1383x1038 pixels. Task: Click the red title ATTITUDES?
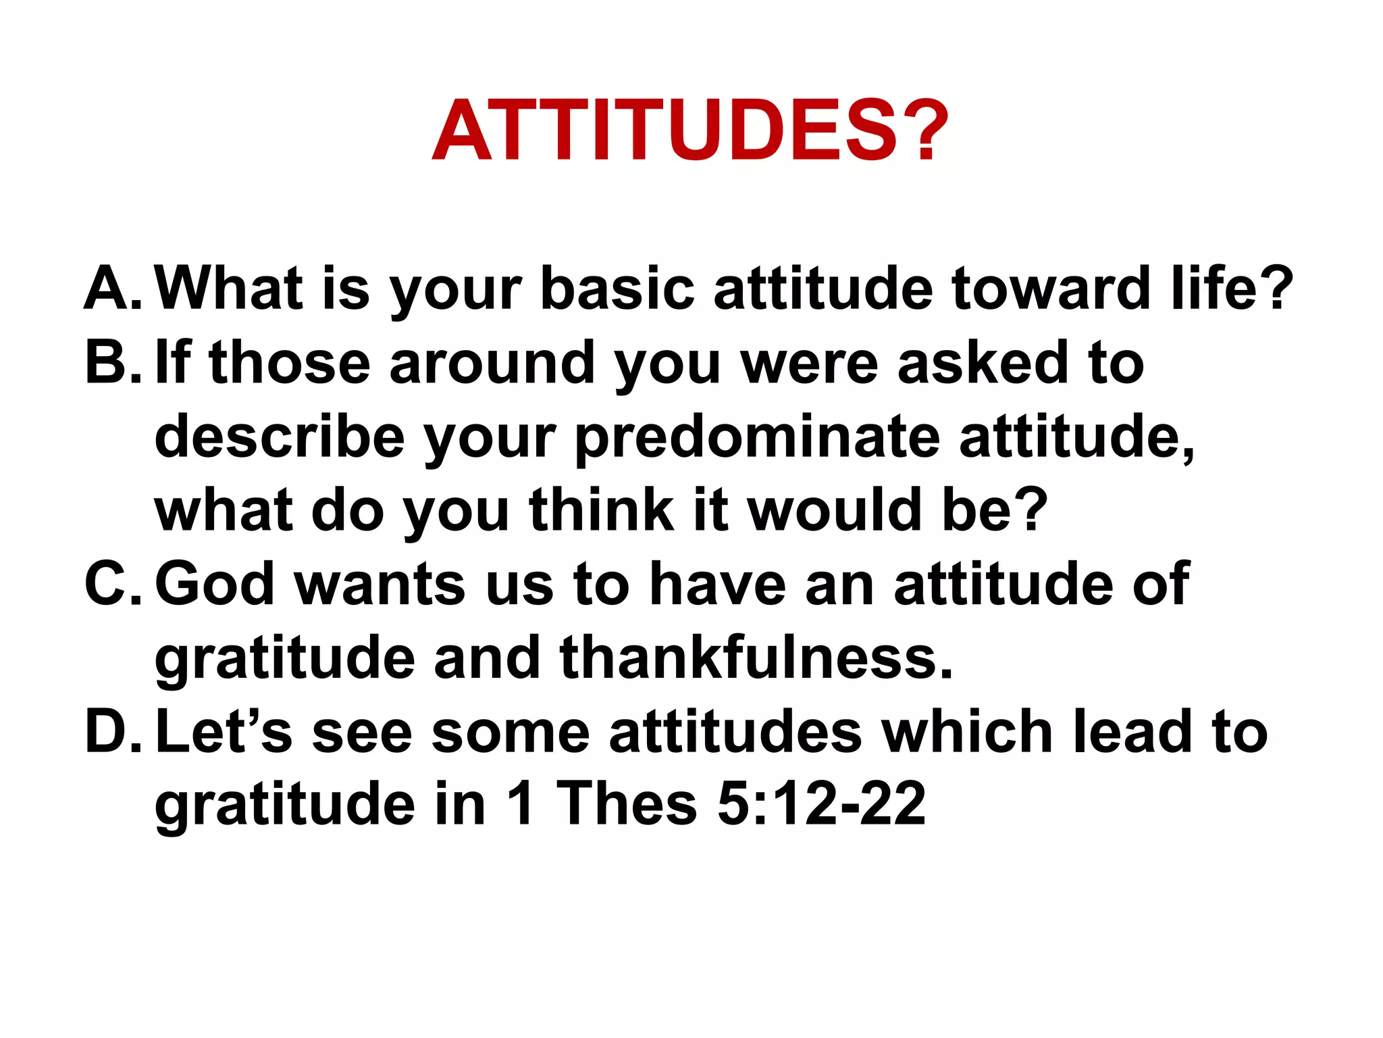tap(690, 130)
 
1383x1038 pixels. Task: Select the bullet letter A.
tap(111, 289)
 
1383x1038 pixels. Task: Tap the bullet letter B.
tap(111, 363)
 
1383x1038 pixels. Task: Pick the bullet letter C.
tap(111, 584)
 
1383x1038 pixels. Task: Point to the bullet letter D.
tap(111, 731)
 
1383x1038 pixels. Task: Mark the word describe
tap(280, 437)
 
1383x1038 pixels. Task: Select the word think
tap(601, 510)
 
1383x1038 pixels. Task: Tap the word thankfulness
tap(756, 658)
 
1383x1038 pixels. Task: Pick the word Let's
tap(224, 731)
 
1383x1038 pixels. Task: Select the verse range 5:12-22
tap(820, 804)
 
